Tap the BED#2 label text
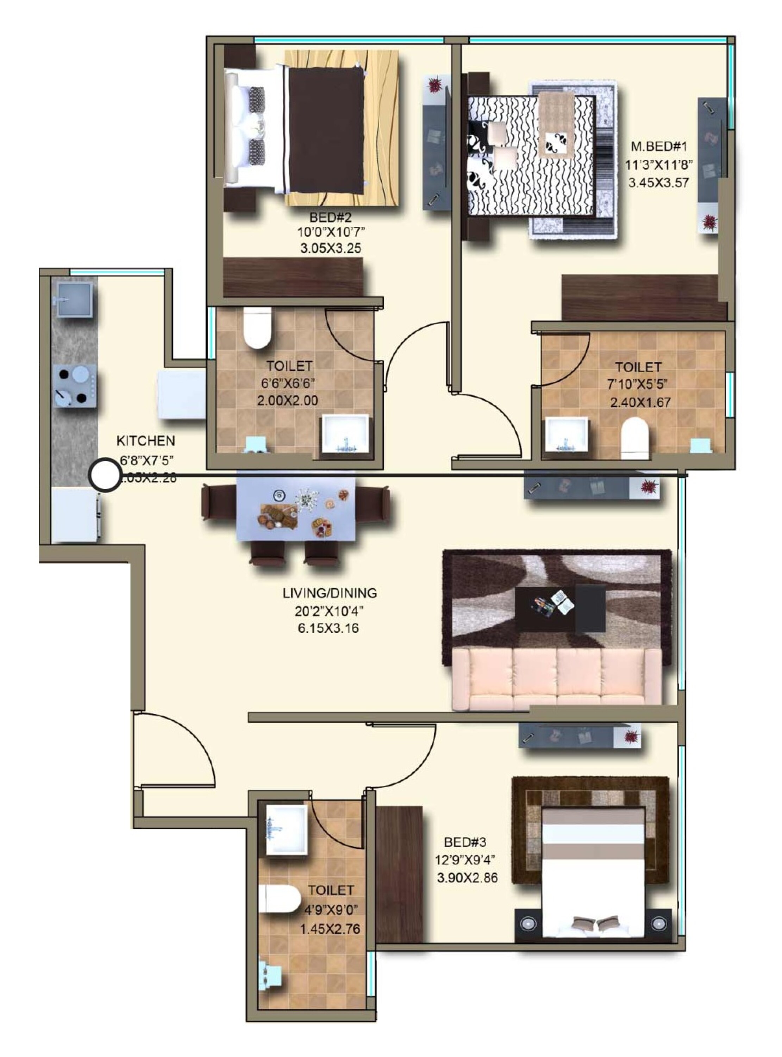click(330, 218)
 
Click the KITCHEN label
click(145, 441)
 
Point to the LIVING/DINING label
click(330, 593)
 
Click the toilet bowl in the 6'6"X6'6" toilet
click(257, 327)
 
